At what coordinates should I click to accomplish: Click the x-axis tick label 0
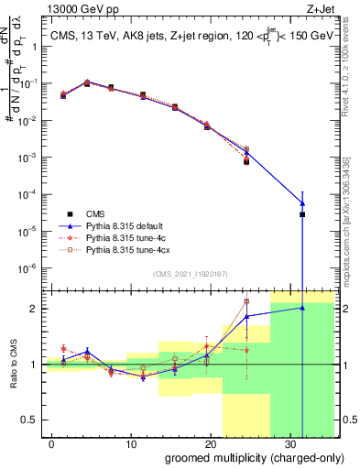coord(51,442)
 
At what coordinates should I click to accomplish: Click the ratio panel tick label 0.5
coord(30,420)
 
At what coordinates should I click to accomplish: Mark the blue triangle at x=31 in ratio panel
coord(302,308)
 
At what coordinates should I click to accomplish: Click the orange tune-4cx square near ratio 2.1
coord(246,301)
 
